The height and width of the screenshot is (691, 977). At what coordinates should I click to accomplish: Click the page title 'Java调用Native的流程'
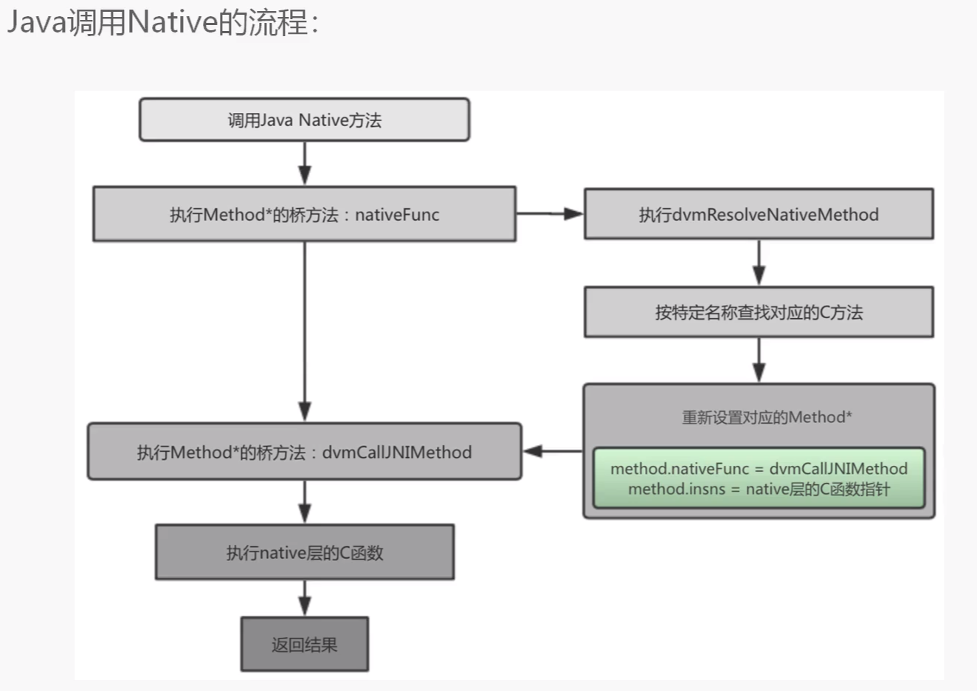point(162,22)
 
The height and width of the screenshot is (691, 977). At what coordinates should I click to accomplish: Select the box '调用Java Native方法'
point(304,120)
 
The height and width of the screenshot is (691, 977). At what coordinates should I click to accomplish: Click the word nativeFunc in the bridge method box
point(397,215)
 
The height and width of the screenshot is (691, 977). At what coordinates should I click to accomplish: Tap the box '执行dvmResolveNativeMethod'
point(759,214)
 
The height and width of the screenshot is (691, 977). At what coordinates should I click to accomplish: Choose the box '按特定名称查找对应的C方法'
point(759,312)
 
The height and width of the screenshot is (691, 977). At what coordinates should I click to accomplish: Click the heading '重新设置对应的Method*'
point(766,417)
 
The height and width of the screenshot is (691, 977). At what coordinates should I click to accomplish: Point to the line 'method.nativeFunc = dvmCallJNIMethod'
point(759,468)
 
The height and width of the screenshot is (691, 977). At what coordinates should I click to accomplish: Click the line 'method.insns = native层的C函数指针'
point(759,489)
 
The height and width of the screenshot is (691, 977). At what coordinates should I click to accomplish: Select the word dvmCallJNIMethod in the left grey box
point(397,453)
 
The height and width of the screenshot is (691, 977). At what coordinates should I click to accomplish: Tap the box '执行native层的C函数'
point(304,552)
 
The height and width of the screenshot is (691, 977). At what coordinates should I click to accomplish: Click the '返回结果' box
point(304,644)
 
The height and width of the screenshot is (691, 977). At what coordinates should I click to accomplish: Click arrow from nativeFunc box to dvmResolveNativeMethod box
point(550,213)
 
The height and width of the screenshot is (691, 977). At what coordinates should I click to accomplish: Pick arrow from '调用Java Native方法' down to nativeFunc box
point(304,163)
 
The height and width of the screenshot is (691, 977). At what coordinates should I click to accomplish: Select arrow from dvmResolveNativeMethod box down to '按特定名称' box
point(759,263)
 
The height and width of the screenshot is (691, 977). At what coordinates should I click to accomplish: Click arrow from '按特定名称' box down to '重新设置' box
point(759,360)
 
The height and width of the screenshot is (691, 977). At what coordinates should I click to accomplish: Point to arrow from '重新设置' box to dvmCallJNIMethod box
point(552,451)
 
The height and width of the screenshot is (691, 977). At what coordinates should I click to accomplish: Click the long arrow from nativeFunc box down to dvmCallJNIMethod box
point(304,332)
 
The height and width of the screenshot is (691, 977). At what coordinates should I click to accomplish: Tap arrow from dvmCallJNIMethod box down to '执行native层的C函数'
point(304,502)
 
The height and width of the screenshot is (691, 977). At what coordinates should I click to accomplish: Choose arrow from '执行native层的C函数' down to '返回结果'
point(304,598)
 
